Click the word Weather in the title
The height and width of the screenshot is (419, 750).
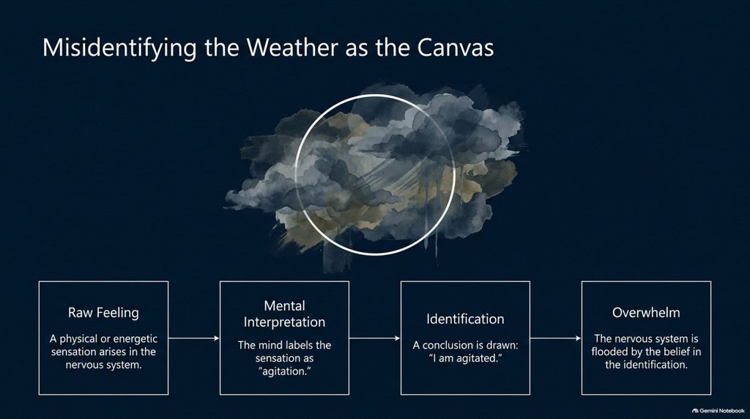(x=292, y=48)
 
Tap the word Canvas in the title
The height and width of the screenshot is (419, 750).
(x=455, y=48)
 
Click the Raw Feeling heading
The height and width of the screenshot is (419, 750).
(x=103, y=313)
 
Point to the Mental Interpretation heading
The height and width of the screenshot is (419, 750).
(x=284, y=314)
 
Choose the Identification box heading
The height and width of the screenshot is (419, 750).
(x=465, y=319)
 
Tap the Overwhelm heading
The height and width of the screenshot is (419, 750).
(x=646, y=313)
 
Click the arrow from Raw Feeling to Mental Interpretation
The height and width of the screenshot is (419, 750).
(x=193, y=338)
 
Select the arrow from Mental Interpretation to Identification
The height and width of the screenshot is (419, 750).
(x=374, y=338)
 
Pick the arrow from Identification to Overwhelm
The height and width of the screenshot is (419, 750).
(x=555, y=338)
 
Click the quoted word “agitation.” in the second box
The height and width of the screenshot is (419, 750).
(x=284, y=371)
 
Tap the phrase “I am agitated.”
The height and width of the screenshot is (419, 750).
(x=465, y=358)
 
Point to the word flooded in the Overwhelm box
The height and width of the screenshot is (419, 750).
(x=609, y=352)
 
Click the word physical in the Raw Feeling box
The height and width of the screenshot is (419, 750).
(x=78, y=339)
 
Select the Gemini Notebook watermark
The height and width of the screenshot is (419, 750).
(x=719, y=411)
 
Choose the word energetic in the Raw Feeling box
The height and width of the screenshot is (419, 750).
(x=135, y=339)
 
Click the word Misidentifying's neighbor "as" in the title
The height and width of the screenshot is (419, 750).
(x=355, y=50)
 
